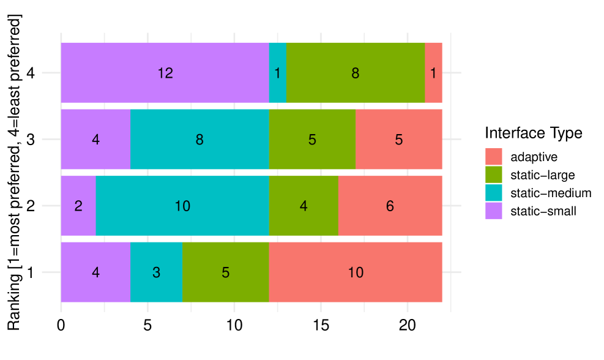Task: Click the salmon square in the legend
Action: coord(493,157)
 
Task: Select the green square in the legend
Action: coord(493,174)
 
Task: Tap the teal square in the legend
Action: coord(493,192)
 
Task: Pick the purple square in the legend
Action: coord(493,210)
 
